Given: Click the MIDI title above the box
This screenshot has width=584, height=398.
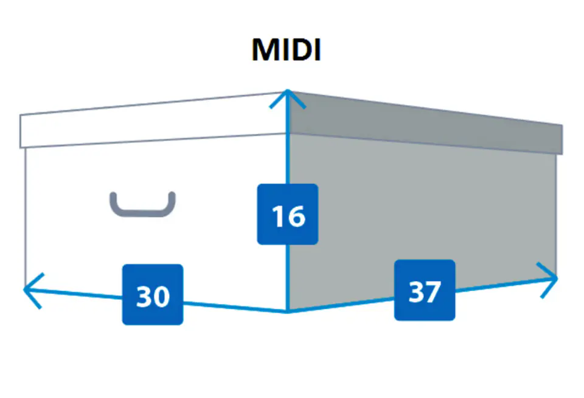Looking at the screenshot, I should (286, 51).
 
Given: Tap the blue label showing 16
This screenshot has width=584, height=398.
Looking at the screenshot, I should (288, 214).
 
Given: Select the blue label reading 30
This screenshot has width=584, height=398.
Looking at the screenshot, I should (153, 295).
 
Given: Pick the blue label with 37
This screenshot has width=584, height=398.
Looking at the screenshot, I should (425, 290).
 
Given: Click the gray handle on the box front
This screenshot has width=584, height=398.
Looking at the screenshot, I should (142, 205).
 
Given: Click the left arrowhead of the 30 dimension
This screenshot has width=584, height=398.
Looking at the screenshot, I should (27, 289).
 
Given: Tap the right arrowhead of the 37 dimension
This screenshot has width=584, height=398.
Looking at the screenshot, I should (554, 278).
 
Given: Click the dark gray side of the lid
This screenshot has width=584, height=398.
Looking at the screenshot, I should (426, 125).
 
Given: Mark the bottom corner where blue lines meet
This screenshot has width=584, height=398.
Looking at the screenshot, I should (287, 312).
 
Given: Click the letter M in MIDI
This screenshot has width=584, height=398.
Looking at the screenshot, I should (265, 51).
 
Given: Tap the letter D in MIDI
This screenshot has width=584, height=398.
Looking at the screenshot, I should (298, 51).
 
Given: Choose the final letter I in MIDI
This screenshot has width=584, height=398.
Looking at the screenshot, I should (316, 51).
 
